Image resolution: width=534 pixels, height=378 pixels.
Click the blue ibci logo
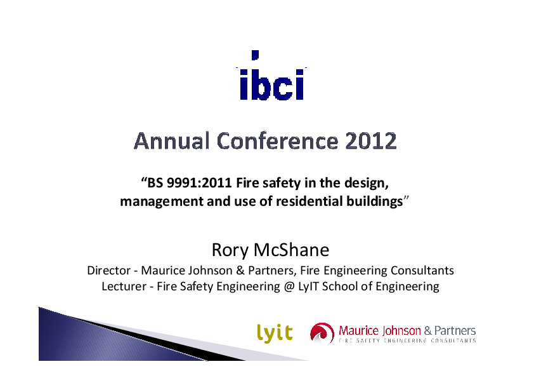[x=271, y=78]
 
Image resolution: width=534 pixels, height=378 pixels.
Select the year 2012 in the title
[x=371, y=141]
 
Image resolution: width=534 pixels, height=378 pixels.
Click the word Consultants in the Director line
[x=424, y=270]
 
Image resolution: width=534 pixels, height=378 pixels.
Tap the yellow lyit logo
[x=275, y=332]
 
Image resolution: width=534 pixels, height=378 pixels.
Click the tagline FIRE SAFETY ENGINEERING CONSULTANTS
[x=407, y=341]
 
